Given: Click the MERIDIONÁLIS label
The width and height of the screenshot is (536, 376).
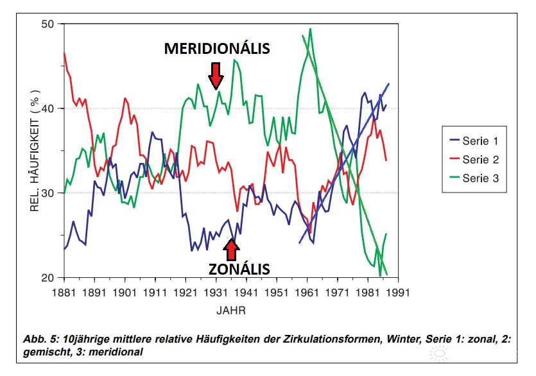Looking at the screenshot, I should pyautogui.click(x=216, y=49).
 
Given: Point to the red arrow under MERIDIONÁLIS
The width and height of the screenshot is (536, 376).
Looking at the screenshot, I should pyautogui.click(x=216, y=74).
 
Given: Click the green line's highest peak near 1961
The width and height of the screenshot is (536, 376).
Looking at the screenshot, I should pyautogui.click(x=310, y=29).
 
